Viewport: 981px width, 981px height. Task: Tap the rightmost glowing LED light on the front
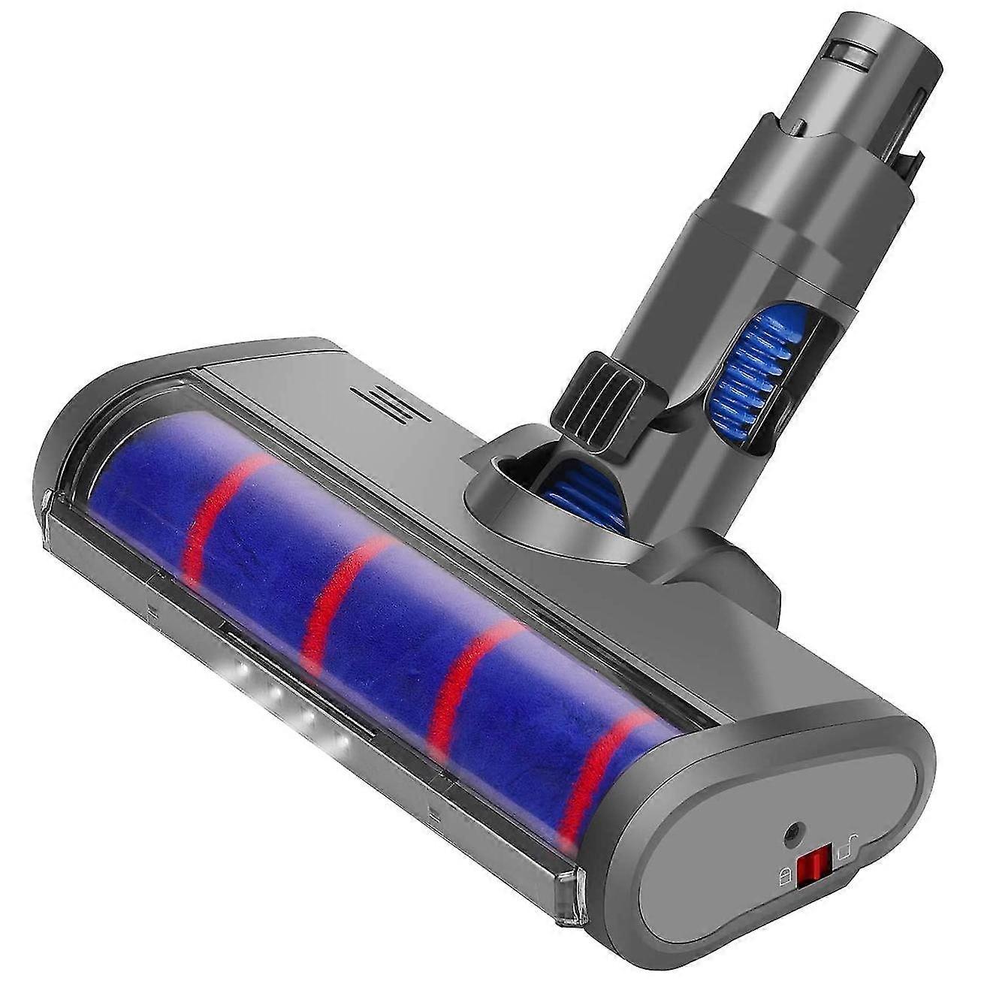tap(343, 745)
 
